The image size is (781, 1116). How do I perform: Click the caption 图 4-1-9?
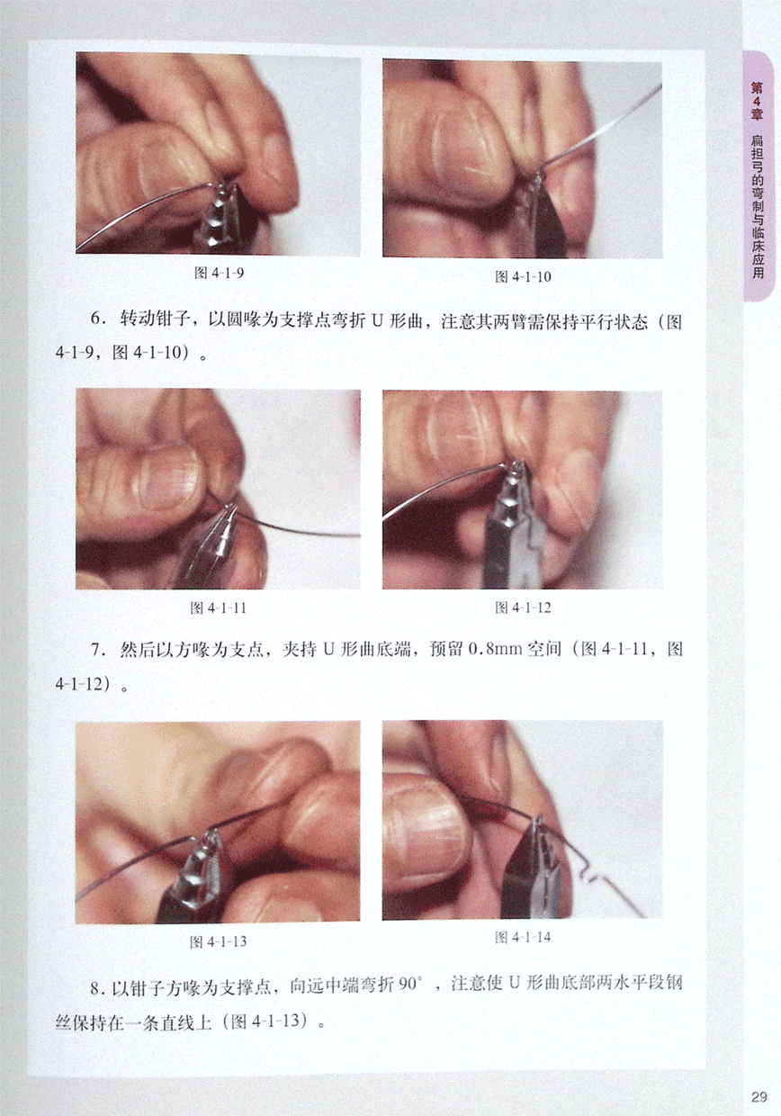219,273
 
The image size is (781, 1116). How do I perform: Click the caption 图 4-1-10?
523,276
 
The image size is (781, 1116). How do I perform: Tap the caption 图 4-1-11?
218,607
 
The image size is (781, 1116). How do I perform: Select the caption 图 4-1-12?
523,607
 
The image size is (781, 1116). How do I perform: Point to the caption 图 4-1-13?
218,941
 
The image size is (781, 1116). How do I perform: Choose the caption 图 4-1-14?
523,937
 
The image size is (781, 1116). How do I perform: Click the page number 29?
759,1096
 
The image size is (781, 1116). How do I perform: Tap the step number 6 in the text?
95,319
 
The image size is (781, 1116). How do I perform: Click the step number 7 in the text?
95,650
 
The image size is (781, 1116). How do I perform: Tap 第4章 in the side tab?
757,101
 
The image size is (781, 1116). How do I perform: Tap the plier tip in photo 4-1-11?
229,508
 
